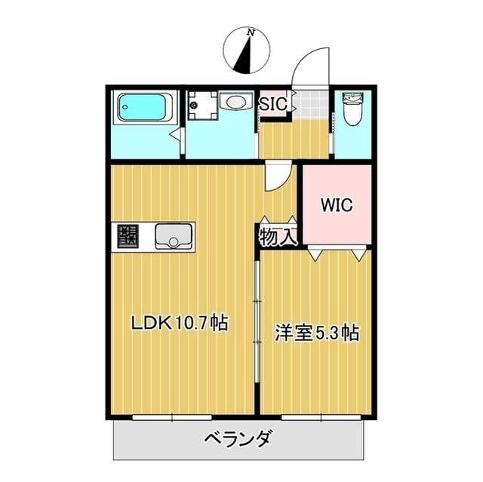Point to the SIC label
272,105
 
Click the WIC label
336,205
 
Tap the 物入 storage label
277,237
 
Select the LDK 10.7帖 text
180,324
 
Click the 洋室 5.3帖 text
316,333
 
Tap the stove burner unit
128,238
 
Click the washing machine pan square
202,104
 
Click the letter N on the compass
250,33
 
